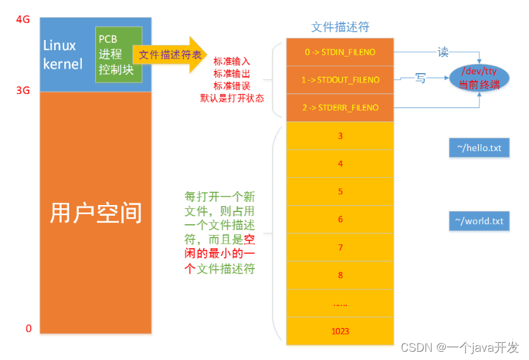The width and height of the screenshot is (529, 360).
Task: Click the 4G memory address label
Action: [23, 20]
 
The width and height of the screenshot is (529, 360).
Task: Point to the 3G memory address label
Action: [23, 91]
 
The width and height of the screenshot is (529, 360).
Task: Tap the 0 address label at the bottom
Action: [28, 328]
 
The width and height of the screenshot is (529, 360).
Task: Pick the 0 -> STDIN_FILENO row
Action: [340, 52]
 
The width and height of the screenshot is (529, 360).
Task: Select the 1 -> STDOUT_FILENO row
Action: [340, 80]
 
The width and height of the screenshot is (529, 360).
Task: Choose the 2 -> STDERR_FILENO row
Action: [340, 107]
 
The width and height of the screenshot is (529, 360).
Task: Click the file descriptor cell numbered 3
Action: [340, 135]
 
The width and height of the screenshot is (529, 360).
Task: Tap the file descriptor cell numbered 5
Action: [340, 191]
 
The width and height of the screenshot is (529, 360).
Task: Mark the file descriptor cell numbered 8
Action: [340, 275]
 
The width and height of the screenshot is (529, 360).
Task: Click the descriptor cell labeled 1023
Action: [340, 331]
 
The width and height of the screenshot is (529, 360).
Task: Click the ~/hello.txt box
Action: [479, 148]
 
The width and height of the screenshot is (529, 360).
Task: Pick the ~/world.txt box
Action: [479, 221]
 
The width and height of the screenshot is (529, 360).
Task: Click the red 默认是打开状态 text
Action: [232, 98]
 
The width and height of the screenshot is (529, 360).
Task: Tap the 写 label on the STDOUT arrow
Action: [420, 78]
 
